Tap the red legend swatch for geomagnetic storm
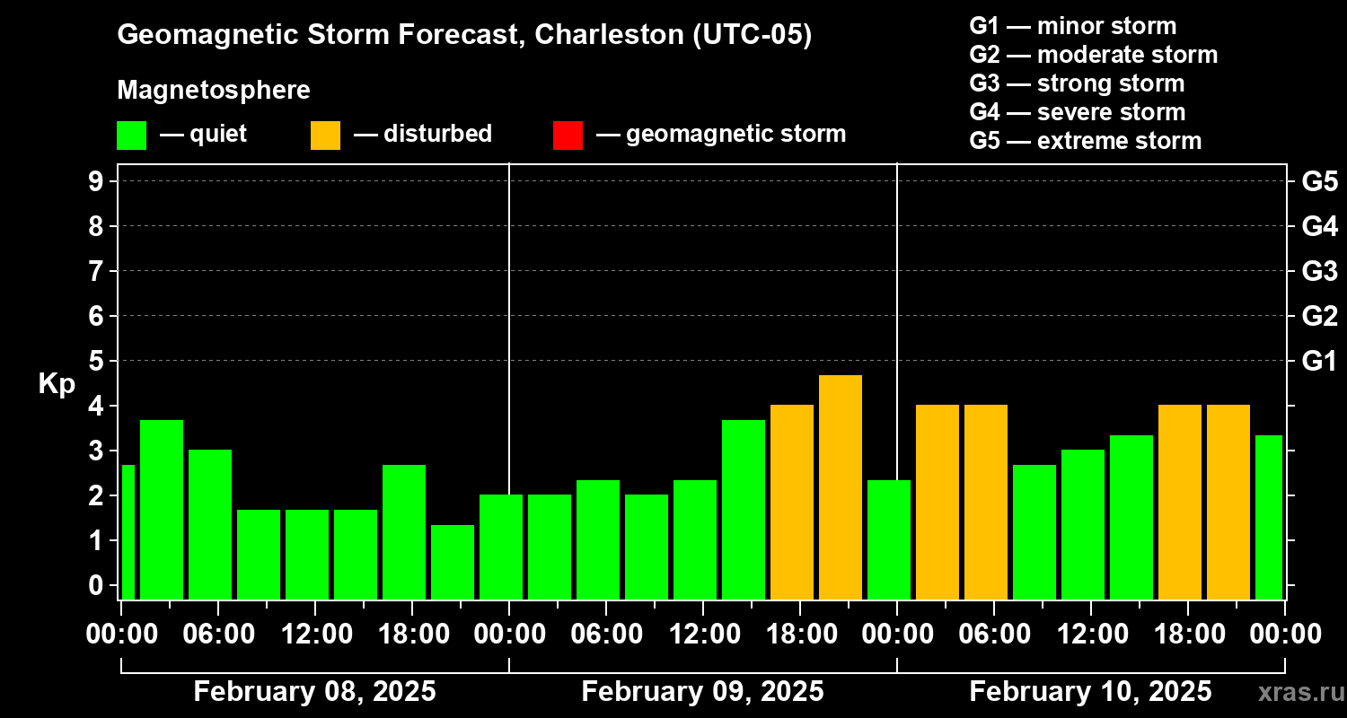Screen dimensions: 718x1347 click(x=568, y=135)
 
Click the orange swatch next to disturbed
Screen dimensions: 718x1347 click(x=325, y=135)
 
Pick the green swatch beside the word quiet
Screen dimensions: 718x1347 click(x=131, y=135)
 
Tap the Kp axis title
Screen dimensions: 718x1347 click(x=57, y=384)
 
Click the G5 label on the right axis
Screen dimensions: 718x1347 click(x=1319, y=181)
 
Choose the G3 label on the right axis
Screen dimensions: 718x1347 click(x=1319, y=271)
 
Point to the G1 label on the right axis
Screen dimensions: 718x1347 click(x=1319, y=361)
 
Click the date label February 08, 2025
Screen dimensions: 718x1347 click(x=314, y=692)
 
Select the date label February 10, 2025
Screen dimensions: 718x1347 click(x=1090, y=692)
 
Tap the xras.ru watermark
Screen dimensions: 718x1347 click(x=1294, y=692)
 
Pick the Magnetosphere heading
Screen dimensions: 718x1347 click(x=214, y=91)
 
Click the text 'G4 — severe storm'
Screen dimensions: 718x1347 click(x=1077, y=112)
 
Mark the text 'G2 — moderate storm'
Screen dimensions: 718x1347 click(x=1093, y=55)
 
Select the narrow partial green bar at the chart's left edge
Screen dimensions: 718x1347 click(x=128, y=531)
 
